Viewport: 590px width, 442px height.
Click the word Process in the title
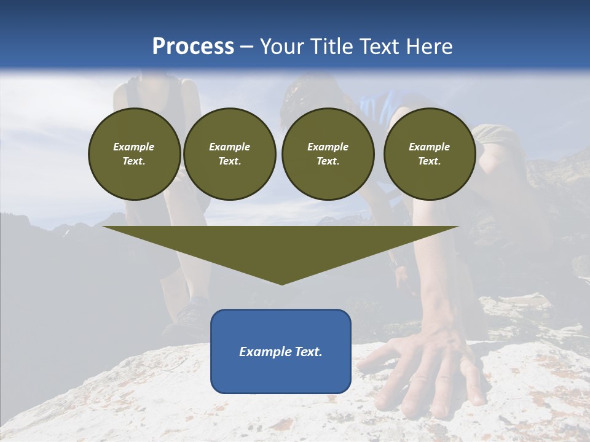[x=193, y=47]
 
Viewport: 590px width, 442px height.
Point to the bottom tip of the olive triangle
[x=281, y=284]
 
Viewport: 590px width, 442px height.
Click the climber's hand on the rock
[x=424, y=368]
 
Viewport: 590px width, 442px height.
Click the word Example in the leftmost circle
[x=134, y=147]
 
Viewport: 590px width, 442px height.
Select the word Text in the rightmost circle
[x=429, y=161]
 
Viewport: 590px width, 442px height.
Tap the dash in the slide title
[x=247, y=47]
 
